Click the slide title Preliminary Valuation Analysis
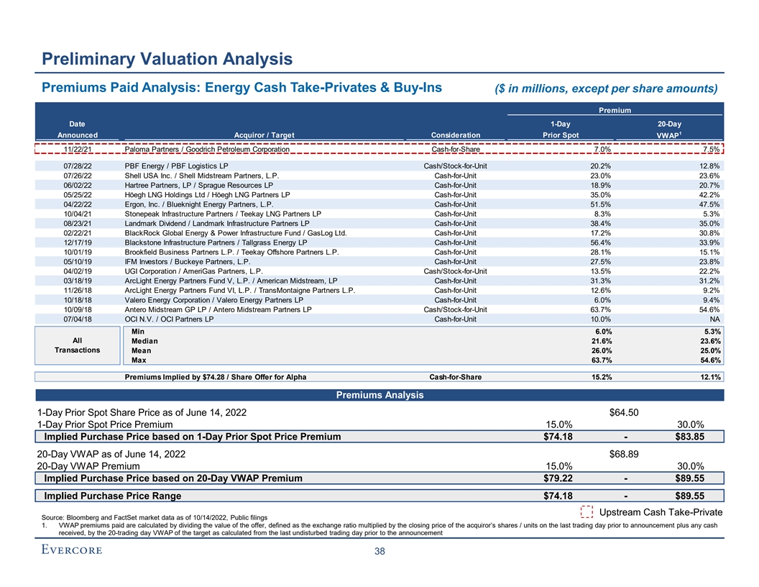click(167, 58)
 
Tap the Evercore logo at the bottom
click(70, 550)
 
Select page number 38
click(379, 552)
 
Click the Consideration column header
click(456, 135)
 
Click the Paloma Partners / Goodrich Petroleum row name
click(207, 150)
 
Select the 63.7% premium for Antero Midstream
click(601, 309)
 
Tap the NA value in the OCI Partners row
click(714, 319)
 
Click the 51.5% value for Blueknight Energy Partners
click(601, 204)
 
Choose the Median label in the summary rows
click(144, 341)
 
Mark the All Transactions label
click(76, 345)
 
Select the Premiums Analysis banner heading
click(379, 396)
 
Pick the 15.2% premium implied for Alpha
click(601, 376)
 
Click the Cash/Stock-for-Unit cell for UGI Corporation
click(456, 270)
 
